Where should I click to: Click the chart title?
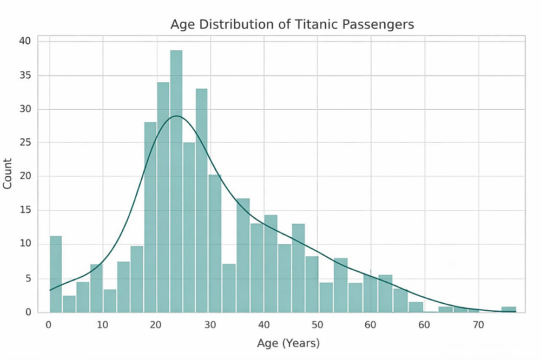pyautogui.click(x=292, y=24)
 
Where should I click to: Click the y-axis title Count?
pyautogui.click(x=8, y=174)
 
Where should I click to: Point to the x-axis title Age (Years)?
pyautogui.click(x=288, y=343)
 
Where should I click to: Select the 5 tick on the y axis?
pyautogui.click(x=29, y=278)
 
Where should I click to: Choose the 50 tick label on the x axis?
pyautogui.click(x=317, y=325)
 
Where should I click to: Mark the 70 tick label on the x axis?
pyautogui.click(x=478, y=325)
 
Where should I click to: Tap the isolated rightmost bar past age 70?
pyautogui.click(x=509, y=309)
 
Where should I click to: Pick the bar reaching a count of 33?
pyautogui.click(x=201, y=200)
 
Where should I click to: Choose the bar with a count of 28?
pyautogui.click(x=150, y=216)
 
